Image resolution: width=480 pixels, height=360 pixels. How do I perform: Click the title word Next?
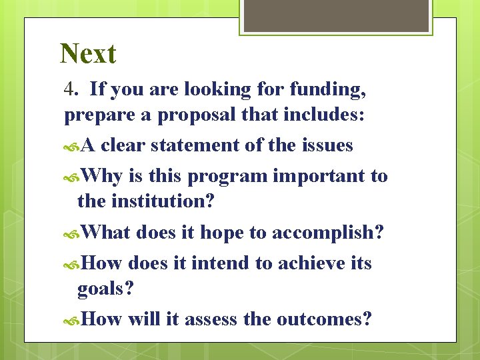(x=88, y=54)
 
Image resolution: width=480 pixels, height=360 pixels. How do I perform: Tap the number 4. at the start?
(x=73, y=89)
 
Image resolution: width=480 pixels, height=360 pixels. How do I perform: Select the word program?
(x=229, y=177)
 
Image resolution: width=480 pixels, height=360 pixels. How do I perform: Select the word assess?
(x=211, y=319)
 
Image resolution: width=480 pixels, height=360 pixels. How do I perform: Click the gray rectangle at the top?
(x=336, y=15)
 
